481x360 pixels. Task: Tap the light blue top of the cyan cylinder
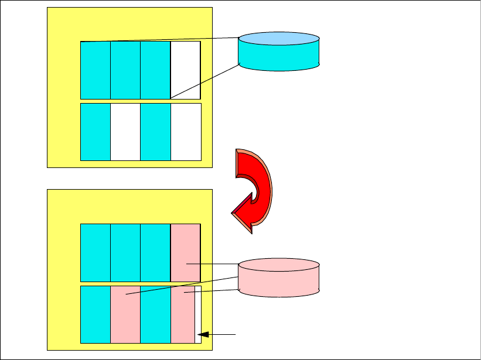coord(279,39)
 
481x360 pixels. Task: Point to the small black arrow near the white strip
coord(217,335)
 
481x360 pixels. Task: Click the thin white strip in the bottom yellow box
coord(198,314)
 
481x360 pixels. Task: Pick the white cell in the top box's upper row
coord(185,70)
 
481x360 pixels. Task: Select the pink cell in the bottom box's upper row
coord(185,253)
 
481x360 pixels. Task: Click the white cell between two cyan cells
coord(125,132)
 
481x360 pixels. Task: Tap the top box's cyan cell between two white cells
coord(155,132)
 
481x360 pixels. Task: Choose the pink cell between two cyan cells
coord(125,314)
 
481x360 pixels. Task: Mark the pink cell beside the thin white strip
coord(183,314)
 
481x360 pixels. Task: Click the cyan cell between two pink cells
coord(155,314)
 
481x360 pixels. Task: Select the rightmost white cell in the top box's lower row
coord(186,132)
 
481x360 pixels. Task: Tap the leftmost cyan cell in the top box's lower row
coord(95,132)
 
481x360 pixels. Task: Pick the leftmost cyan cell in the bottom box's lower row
coord(95,314)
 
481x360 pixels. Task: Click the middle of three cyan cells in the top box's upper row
coord(125,70)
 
